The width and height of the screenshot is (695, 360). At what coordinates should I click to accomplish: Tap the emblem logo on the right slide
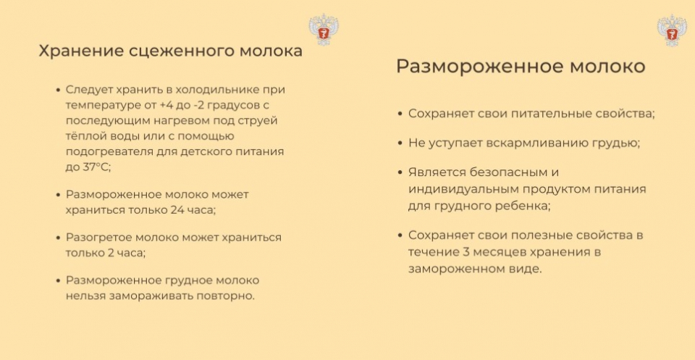point(672,30)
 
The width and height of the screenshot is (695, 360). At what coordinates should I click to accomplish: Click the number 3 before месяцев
point(466,252)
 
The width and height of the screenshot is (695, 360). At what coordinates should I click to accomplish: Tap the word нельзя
point(85,296)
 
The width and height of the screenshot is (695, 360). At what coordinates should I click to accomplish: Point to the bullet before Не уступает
point(400,143)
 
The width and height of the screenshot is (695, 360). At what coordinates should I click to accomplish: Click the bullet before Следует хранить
point(58,90)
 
